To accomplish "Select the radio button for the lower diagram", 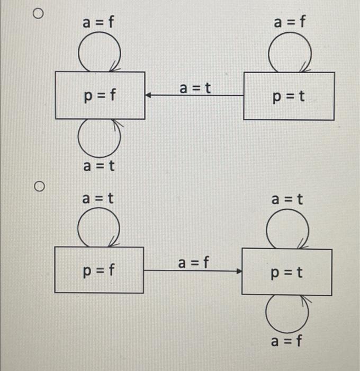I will [x=38, y=187].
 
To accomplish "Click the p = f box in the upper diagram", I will [x=100, y=95].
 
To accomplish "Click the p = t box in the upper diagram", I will [x=289, y=96].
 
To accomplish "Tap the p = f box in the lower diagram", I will [x=99, y=270].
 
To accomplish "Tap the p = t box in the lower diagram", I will [x=286, y=273].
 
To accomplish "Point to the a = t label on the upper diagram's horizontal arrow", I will [x=195, y=87].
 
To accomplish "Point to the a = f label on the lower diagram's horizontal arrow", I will [x=194, y=262].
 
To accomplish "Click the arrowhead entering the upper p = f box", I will [x=149, y=96].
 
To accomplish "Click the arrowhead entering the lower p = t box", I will [x=239, y=271].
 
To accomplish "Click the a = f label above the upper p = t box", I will [x=290, y=22].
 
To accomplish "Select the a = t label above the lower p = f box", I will [x=98, y=199].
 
